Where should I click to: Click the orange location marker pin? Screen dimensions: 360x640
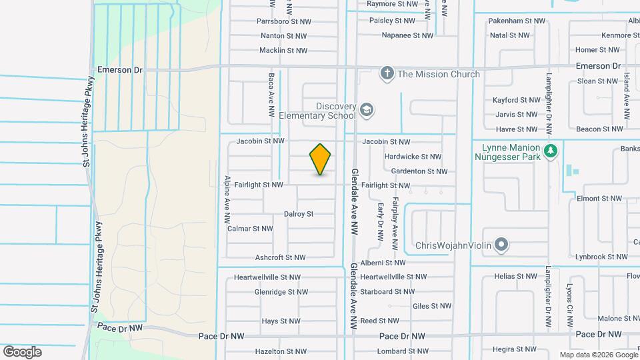320,159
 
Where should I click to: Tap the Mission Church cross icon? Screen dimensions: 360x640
387,73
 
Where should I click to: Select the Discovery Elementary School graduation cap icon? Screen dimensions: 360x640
366,109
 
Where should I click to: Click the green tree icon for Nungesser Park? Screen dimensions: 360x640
549,151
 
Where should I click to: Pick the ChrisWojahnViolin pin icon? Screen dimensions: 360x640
502,245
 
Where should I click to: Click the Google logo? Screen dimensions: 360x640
22,352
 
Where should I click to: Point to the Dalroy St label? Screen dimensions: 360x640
299,214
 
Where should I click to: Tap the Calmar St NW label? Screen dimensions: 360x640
250,229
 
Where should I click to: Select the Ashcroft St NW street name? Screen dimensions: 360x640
280,257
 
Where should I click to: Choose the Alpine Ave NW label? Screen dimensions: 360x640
227,199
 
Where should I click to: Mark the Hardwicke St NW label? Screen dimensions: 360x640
413,157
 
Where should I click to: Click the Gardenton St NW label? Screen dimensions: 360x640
419,171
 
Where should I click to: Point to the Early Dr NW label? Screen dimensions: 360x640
380,221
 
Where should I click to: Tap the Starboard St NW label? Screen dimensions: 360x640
387,292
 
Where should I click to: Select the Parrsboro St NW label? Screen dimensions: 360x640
283,21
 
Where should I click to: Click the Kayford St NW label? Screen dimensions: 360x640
516,100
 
